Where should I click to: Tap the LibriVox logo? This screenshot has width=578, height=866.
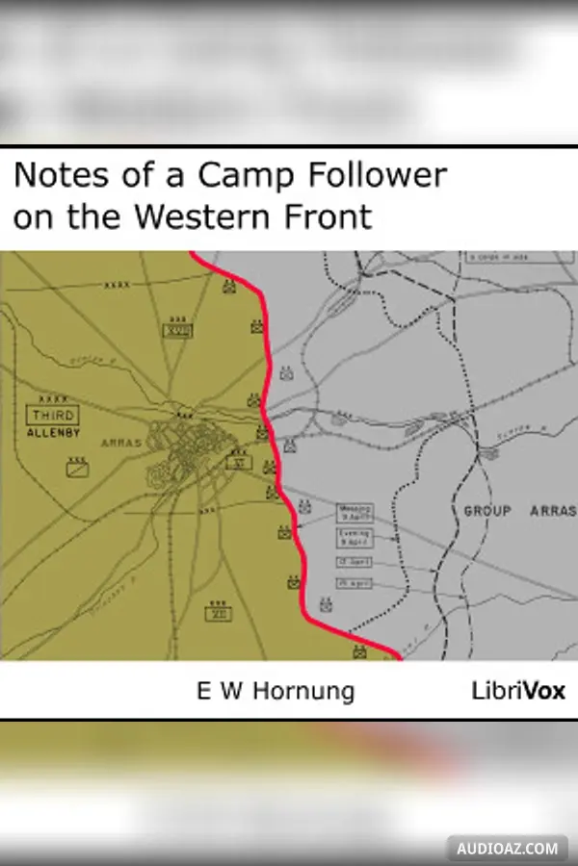pyautogui.click(x=518, y=690)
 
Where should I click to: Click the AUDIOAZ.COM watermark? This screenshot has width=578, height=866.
pyautogui.click(x=508, y=849)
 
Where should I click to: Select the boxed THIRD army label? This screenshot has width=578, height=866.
pyautogui.click(x=52, y=416)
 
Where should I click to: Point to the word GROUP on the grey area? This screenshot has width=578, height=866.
pyautogui.click(x=487, y=511)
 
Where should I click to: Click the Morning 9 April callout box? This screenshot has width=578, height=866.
pyautogui.click(x=354, y=513)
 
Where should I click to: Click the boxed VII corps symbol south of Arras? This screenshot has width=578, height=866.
pyautogui.click(x=219, y=612)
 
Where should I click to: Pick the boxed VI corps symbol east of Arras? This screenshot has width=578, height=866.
pyautogui.click(x=238, y=463)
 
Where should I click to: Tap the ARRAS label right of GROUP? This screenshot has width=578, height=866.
pyautogui.click(x=552, y=511)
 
